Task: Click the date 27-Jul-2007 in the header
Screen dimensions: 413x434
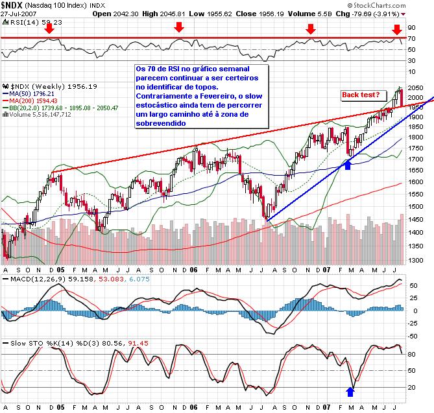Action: pos(19,13)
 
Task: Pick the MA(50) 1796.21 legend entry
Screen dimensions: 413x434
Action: pos(31,93)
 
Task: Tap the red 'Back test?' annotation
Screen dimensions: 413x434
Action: pos(361,95)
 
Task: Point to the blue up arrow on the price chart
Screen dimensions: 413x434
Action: pos(348,166)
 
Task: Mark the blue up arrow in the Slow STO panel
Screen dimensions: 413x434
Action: pos(351,392)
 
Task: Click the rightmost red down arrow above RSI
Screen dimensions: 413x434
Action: pos(397,29)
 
